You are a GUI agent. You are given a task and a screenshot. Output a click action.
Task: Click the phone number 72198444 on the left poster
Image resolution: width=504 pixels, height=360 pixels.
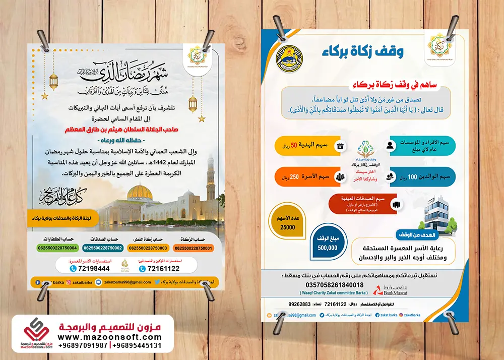(94, 269)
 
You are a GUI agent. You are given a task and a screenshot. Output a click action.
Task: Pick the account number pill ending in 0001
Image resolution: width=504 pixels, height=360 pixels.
(194, 248)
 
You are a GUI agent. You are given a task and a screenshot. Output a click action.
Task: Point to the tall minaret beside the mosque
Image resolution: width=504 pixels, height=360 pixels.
(210, 184)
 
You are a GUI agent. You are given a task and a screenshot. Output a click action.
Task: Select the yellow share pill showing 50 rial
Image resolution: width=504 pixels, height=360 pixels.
(309, 146)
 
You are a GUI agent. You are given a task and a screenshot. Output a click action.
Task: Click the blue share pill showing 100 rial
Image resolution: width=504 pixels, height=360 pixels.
(421, 177)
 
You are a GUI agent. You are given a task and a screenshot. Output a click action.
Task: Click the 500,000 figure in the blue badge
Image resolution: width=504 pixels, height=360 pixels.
(327, 248)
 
